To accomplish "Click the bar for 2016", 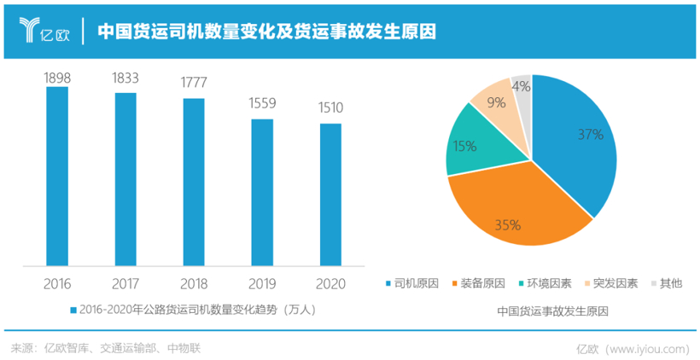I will pos(57,175).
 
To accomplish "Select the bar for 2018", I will pos(194,181).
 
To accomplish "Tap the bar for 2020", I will pos(330,194).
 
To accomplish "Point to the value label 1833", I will pos(125,78).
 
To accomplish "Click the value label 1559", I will pos(262,104).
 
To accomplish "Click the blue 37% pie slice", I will pos(576,145).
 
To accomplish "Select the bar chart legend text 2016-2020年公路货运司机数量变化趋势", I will pos(192,310).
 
